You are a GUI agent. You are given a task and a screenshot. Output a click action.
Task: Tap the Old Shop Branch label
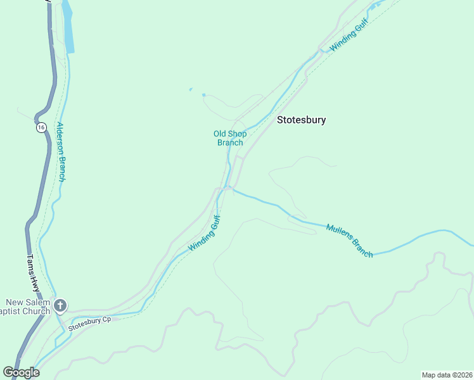click(229, 138)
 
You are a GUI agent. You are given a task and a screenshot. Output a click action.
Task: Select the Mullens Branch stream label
click(349, 241)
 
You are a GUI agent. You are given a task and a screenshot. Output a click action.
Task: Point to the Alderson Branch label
click(61, 151)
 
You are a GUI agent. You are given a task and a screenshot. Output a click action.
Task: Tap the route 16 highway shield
click(41, 127)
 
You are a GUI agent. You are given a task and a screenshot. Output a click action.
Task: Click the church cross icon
click(60, 306)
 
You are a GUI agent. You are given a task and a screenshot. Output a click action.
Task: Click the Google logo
click(21, 372)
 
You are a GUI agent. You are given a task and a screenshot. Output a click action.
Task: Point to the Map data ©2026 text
click(447, 375)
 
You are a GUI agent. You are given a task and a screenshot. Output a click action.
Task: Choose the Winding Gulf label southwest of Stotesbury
click(204, 234)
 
